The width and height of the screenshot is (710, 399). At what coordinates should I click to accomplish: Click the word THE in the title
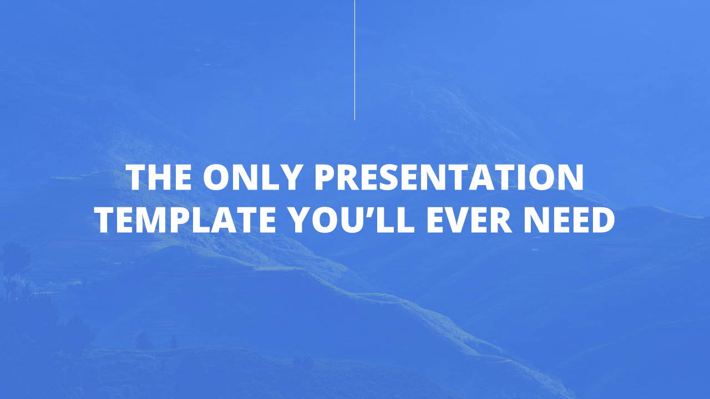[159, 177]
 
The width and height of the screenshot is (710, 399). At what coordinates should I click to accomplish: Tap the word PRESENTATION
[449, 177]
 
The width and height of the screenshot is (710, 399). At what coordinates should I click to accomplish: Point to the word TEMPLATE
[186, 220]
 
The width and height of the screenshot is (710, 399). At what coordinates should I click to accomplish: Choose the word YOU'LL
[352, 220]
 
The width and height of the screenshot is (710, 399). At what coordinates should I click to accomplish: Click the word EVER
[469, 220]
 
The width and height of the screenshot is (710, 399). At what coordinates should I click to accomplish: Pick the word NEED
[569, 220]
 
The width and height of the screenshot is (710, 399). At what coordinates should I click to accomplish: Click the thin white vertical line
[354, 60]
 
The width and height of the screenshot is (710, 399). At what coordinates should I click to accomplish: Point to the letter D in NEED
[603, 220]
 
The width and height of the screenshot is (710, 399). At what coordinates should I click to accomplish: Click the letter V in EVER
[459, 220]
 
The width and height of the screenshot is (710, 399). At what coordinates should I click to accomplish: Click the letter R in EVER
[501, 220]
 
